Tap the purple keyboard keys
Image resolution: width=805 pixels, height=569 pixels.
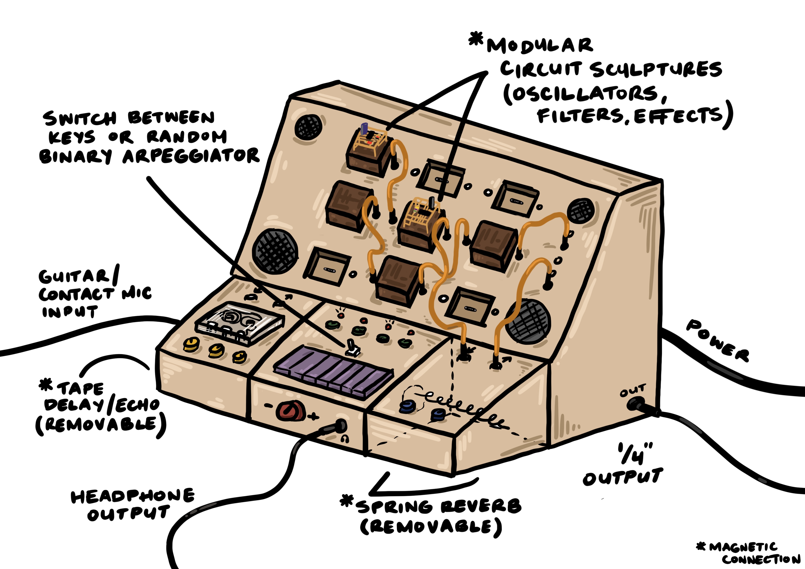pyautogui.click(x=333, y=372)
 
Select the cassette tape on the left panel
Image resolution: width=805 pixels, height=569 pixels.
pyautogui.click(x=240, y=323)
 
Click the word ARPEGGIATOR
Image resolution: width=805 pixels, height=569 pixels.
pyautogui.click(x=191, y=156)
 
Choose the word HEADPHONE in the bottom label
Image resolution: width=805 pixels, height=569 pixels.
pyautogui.click(x=133, y=496)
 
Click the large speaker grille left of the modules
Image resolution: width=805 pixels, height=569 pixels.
pyautogui.click(x=275, y=251)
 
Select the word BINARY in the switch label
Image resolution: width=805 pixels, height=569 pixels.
pyautogui.click(x=75, y=156)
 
